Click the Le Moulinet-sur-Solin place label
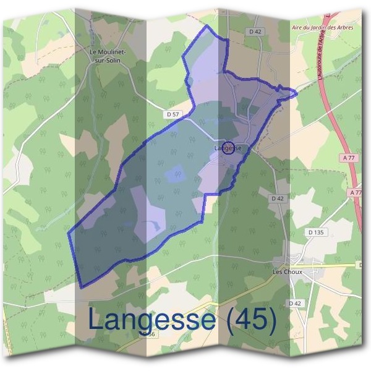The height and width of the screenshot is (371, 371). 108,56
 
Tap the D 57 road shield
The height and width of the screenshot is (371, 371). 173,114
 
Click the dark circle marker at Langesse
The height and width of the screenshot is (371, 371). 229,149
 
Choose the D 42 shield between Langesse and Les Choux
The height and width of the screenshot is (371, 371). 276,198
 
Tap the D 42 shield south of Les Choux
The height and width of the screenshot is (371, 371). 294,303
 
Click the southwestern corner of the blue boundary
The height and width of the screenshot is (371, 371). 82,286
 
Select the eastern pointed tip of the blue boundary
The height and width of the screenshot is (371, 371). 297,93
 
